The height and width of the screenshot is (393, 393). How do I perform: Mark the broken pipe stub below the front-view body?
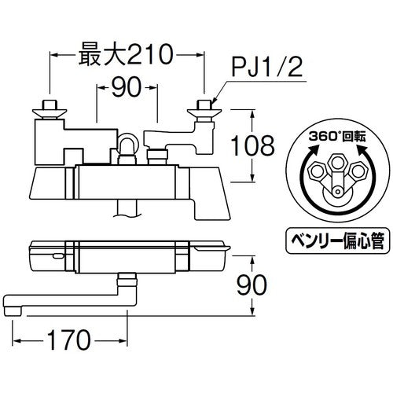click(x=126, y=208)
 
